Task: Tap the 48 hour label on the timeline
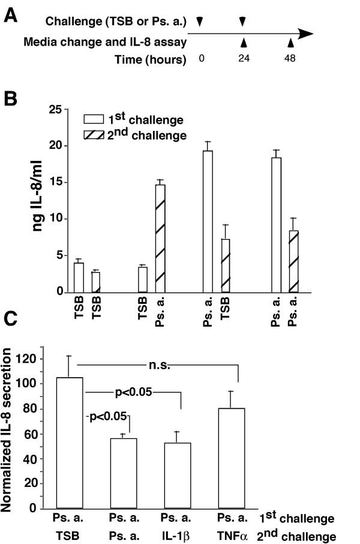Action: [x=290, y=59]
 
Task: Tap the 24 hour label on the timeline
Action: [x=242, y=59]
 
